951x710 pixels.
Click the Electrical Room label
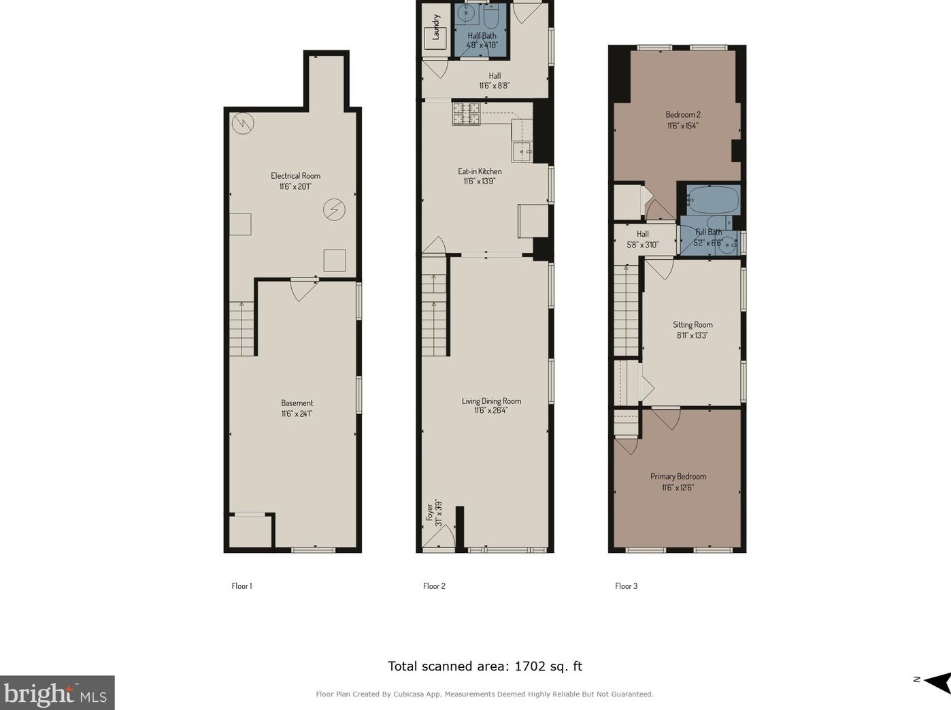[x=295, y=175]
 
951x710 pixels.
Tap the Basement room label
[x=297, y=403]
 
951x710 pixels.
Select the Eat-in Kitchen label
[x=480, y=171]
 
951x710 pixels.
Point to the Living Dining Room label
[x=491, y=401]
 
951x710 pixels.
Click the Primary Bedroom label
[x=678, y=477]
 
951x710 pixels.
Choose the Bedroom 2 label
[x=683, y=115]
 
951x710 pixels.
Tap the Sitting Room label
[x=693, y=324]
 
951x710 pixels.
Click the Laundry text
[x=436, y=27]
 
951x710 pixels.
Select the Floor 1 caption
[x=241, y=586]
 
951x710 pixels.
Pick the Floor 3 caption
[x=626, y=586]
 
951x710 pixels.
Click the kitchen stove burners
[x=466, y=114]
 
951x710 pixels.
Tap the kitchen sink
[x=522, y=152]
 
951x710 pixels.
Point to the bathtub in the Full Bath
[x=713, y=199]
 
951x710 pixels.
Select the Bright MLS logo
[x=57, y=693]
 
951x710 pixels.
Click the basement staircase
[x=241, y=328]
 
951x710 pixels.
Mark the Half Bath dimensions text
[x=482, y=45]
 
